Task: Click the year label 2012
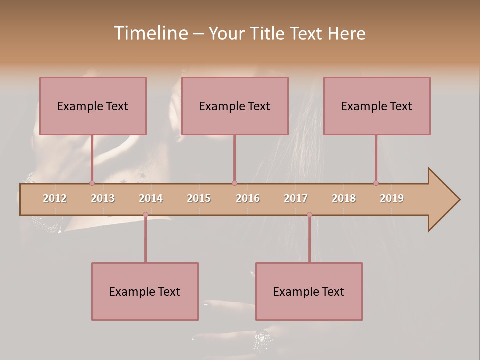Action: [55, 198]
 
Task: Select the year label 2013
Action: [103, 198]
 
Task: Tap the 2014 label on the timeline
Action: [151, 198]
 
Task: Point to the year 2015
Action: [199, 198]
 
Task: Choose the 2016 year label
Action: [248, 198]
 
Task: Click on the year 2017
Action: [296, 198]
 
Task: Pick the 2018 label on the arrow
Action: [344, 198]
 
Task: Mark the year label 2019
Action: [392, 198]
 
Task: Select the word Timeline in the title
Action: [150, 33]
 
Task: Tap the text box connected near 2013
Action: [93, 106]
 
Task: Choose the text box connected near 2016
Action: [235, 106]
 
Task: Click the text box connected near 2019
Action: [377, 106]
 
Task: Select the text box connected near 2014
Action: [145, 291]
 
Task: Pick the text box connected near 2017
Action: [309, 291]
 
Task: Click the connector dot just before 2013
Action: [92, 183]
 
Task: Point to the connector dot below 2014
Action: [145, 214]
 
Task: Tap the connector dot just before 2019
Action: [376, 183]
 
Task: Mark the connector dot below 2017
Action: [309, 214]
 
